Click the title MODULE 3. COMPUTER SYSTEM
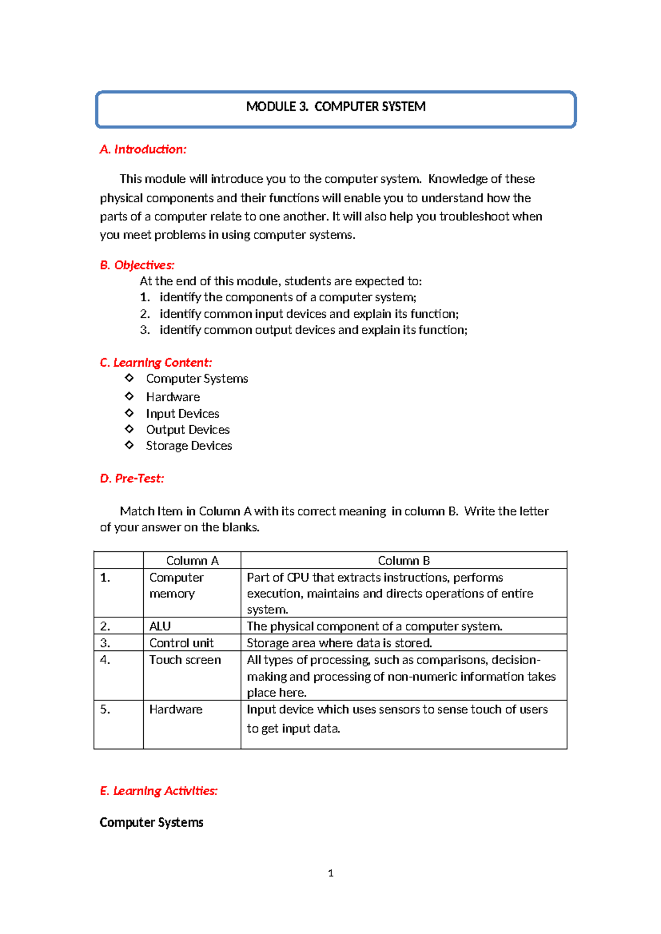click(x=335, y=107)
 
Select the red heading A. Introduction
click(x=143, y=149)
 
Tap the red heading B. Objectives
click(x=137, y=265)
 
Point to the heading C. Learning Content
click(x=155, y=362)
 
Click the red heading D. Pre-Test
click(x=132, y=479)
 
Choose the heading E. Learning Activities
click(x=158, y=791)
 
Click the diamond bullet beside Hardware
click(x=129, y=396)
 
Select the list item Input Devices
click(x=182, y=414)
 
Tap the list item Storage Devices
click(x=189, y=446)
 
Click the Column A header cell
click(x=192, y=561)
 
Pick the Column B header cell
click(x=404, y=561)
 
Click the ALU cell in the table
click(x=160, y=626)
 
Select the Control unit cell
click(x=181, y=643)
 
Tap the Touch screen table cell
click(x=185, y=660)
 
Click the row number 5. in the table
click(x=105, y=709)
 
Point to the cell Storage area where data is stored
click(x=339, y=643)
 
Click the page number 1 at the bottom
click(x=330, y=873)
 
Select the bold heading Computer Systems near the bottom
click(x=151, y=822)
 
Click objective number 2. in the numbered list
click(x=145, y=314)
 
